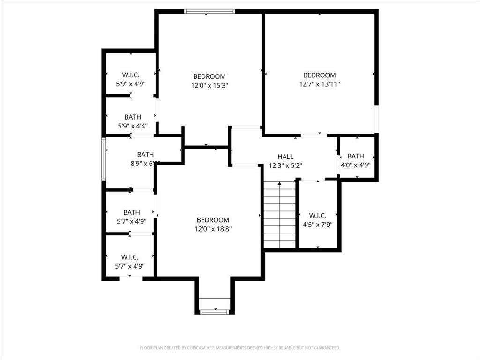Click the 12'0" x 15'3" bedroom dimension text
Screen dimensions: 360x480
pyautogui.click(x=210, y=85)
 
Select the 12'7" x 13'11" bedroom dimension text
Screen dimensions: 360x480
pyautogui.click(x=319, y=84)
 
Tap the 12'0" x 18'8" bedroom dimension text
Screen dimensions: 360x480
pyautogui.click(x=213, y=229)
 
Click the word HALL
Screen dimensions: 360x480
pyautogui.click(x=285, y=157)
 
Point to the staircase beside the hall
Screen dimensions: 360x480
pyautogui.click(x=280, y=215)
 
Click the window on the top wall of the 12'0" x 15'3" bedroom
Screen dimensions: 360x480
pyautogui.click(x=209, y=11)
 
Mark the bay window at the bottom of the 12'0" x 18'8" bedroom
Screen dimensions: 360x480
pyautogui.click(x=215, y=311)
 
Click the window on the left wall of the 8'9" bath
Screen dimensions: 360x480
pyautogui.click(x=104, y=159)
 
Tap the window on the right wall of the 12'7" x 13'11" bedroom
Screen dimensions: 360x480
pyautogui.click(x=376, y=119)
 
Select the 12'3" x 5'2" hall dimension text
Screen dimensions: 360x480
pyautogui.click(x=285, y=165)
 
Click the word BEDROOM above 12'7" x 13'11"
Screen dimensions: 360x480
pyautogui.click(x=319, y=75)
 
